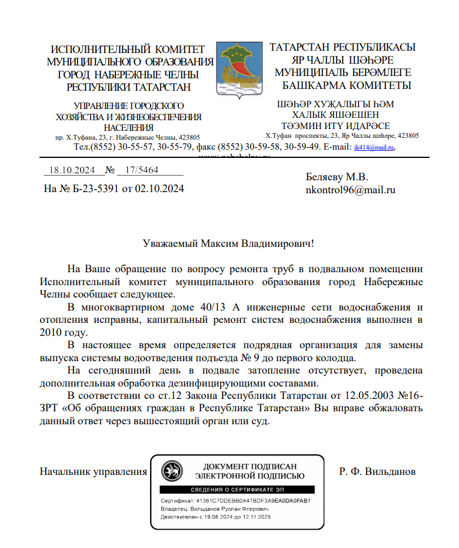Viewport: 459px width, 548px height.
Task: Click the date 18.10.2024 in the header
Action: [72, 170]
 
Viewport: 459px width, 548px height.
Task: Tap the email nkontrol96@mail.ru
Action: [350, 190]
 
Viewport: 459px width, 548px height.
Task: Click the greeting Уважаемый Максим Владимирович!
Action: [229, 243]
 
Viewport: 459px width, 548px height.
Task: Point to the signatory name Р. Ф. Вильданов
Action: [377, 471]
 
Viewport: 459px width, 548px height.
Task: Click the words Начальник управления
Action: [93, 471]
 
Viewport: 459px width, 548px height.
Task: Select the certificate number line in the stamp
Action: [235, 501]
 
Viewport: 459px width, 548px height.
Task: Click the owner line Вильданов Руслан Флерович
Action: [215, 509]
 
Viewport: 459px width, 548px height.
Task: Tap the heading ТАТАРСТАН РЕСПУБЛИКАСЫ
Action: [342, 47]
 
